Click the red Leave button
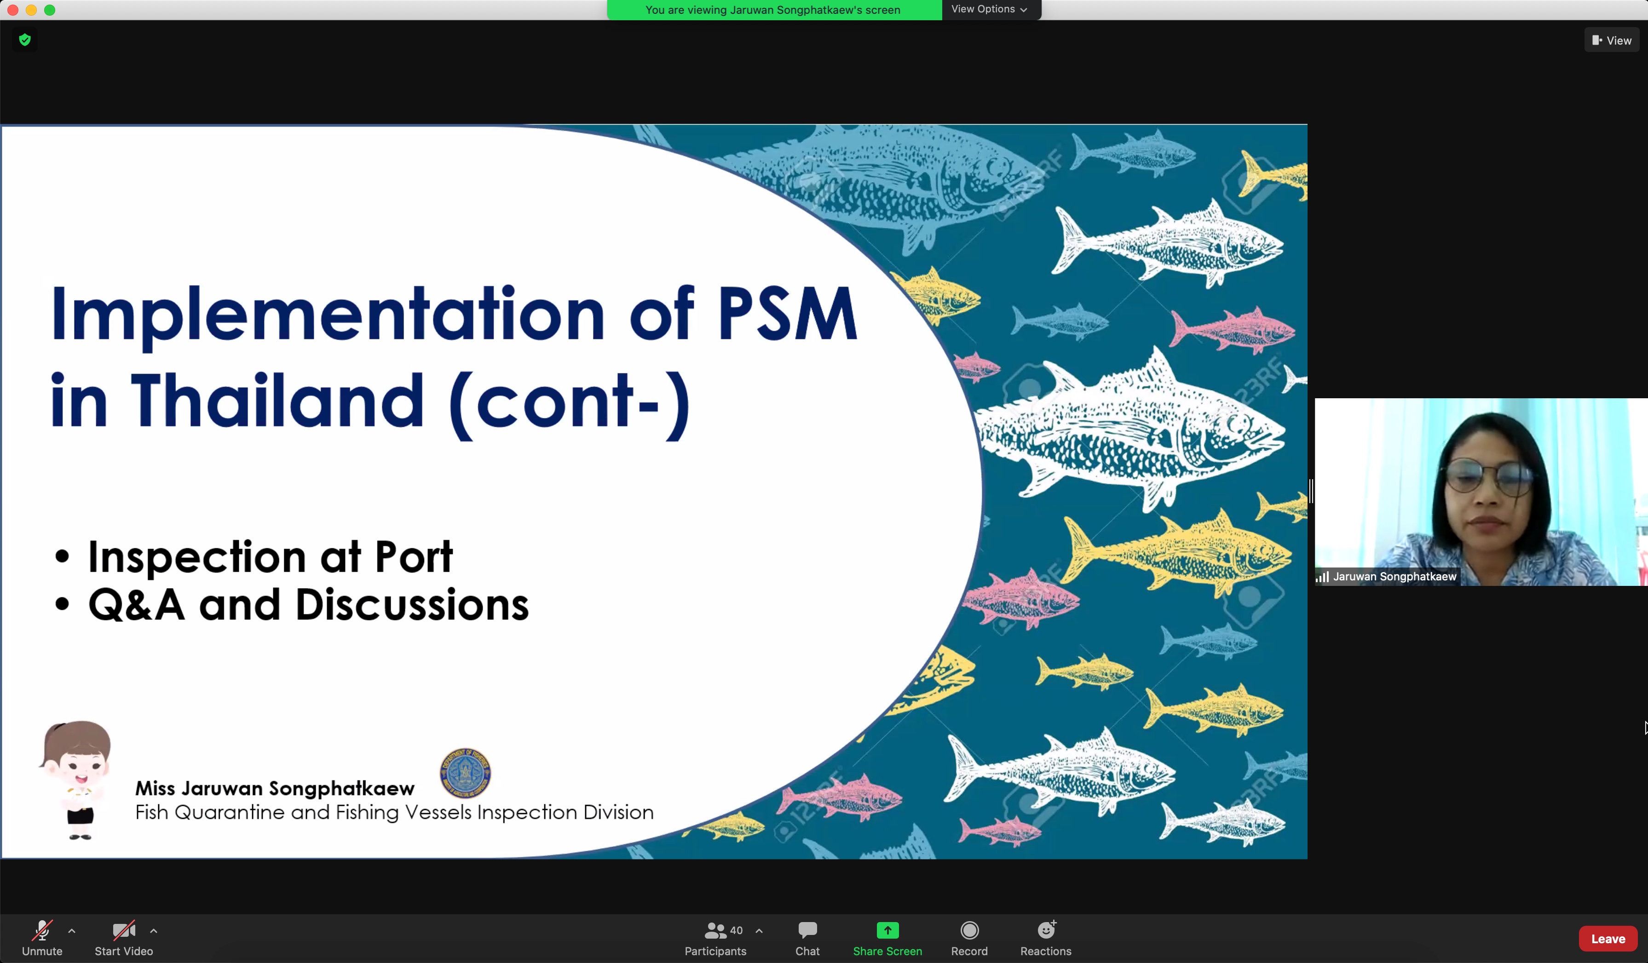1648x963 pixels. click(1608, 938)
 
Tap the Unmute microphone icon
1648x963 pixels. click(42, 929)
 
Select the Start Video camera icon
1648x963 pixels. click(124, 929)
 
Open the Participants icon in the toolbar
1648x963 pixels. click(715, 929)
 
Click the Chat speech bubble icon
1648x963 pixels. click(807, 929)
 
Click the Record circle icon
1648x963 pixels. click(969, 929)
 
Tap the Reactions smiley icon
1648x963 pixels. click(1046, 929)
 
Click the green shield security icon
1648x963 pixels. click(25, 40)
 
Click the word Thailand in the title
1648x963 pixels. click(278, 401)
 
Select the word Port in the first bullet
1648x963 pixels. click(413, 557)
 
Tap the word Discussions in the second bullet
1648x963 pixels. click(412, 605)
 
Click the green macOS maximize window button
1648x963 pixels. click(50, 10)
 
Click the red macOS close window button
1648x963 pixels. click(13, 10)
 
